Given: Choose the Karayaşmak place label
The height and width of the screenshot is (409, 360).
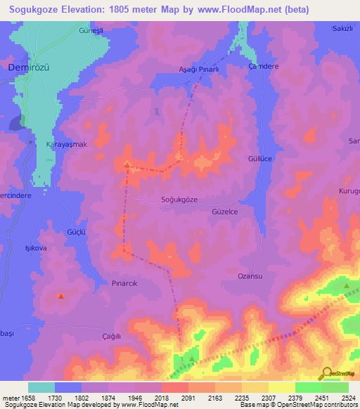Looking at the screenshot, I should pyautogui.click(x=65, y=144).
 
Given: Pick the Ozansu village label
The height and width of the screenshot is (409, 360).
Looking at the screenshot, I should pyautogui.click(x=250, y=276).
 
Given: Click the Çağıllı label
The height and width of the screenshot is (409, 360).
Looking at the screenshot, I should pyautogui.click(x=112, y=337).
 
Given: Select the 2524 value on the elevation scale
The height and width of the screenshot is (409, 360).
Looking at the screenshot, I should pyautogui.click(x=348, y=398).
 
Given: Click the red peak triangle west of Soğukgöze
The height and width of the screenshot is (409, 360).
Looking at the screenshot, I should pyautogui.click(x=127, y=165).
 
